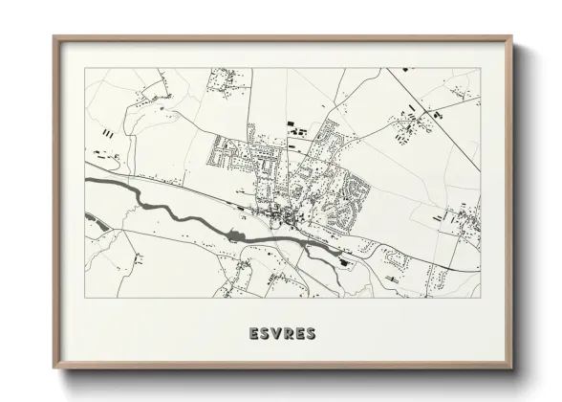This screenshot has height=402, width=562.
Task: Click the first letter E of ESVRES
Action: pyautogui.click(x=253, y=334)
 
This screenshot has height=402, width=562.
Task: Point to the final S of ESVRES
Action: pyautogui.click(x=313, y=334)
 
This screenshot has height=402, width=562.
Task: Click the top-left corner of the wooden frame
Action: pyautogui.click(x=54, y=37)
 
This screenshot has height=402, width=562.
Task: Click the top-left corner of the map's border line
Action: pyautogui.click(x=84, y=68)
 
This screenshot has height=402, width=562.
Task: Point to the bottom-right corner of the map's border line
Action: pyautogui.click(x=480, y=297)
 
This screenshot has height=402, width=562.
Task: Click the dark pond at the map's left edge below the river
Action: pyautogui.click(x=95, y=227)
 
